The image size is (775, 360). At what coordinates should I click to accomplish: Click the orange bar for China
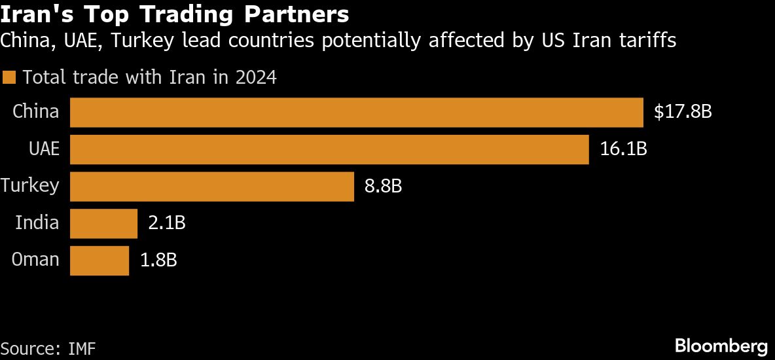pos(357,113)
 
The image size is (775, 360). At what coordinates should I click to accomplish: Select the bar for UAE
pos(329,149)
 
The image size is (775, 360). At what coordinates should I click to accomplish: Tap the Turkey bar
pos(212,187)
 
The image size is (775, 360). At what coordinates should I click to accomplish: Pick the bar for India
pos(103,224)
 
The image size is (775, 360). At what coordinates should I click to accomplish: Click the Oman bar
pos(99,261)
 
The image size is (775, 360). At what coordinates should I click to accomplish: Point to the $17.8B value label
pos(682,113)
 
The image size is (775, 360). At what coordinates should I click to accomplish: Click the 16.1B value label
pos(623,149)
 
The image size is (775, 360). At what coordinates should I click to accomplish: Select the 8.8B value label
pos(383,187)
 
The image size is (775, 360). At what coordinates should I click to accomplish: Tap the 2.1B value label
pos(167,224)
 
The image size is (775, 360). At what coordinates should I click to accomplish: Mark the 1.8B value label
pos(158,261)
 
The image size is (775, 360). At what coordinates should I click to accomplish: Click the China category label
pos(36,112)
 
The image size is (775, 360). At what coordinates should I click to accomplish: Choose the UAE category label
pos(44,149)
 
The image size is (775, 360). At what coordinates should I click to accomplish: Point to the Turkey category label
pos(30,186)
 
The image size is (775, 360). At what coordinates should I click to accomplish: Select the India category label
pos(37,223)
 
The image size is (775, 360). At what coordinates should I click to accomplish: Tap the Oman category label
pos(36,260)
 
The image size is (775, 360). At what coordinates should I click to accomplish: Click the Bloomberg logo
pos(721,345)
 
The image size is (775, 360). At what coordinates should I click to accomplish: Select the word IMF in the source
pos(82,348)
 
